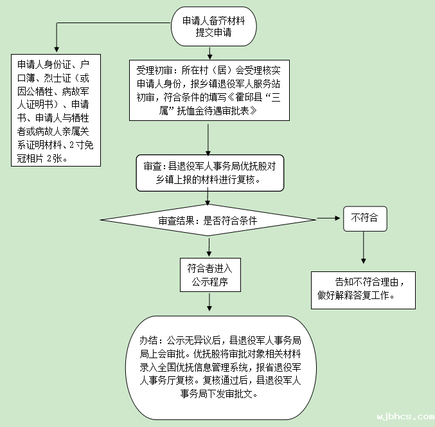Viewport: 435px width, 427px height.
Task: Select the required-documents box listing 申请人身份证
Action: pos(57,111)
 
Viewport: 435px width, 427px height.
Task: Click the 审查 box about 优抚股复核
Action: pos(209,172)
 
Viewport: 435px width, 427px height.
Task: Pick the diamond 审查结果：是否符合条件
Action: pos(208,220)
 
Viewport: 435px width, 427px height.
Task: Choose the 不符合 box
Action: pos(364,219)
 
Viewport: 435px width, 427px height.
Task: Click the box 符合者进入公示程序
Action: pos(209,275)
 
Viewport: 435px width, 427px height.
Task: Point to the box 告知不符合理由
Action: pos(363,289)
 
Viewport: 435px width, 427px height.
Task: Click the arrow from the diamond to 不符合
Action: pos(329,219)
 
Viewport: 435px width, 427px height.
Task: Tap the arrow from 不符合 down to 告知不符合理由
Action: pos(364,247)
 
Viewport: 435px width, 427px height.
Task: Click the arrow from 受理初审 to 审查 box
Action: pos(208,138)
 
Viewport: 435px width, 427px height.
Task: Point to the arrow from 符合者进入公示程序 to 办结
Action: pos(209,304)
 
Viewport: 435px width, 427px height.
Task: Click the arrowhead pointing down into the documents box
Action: pos(57,50)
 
